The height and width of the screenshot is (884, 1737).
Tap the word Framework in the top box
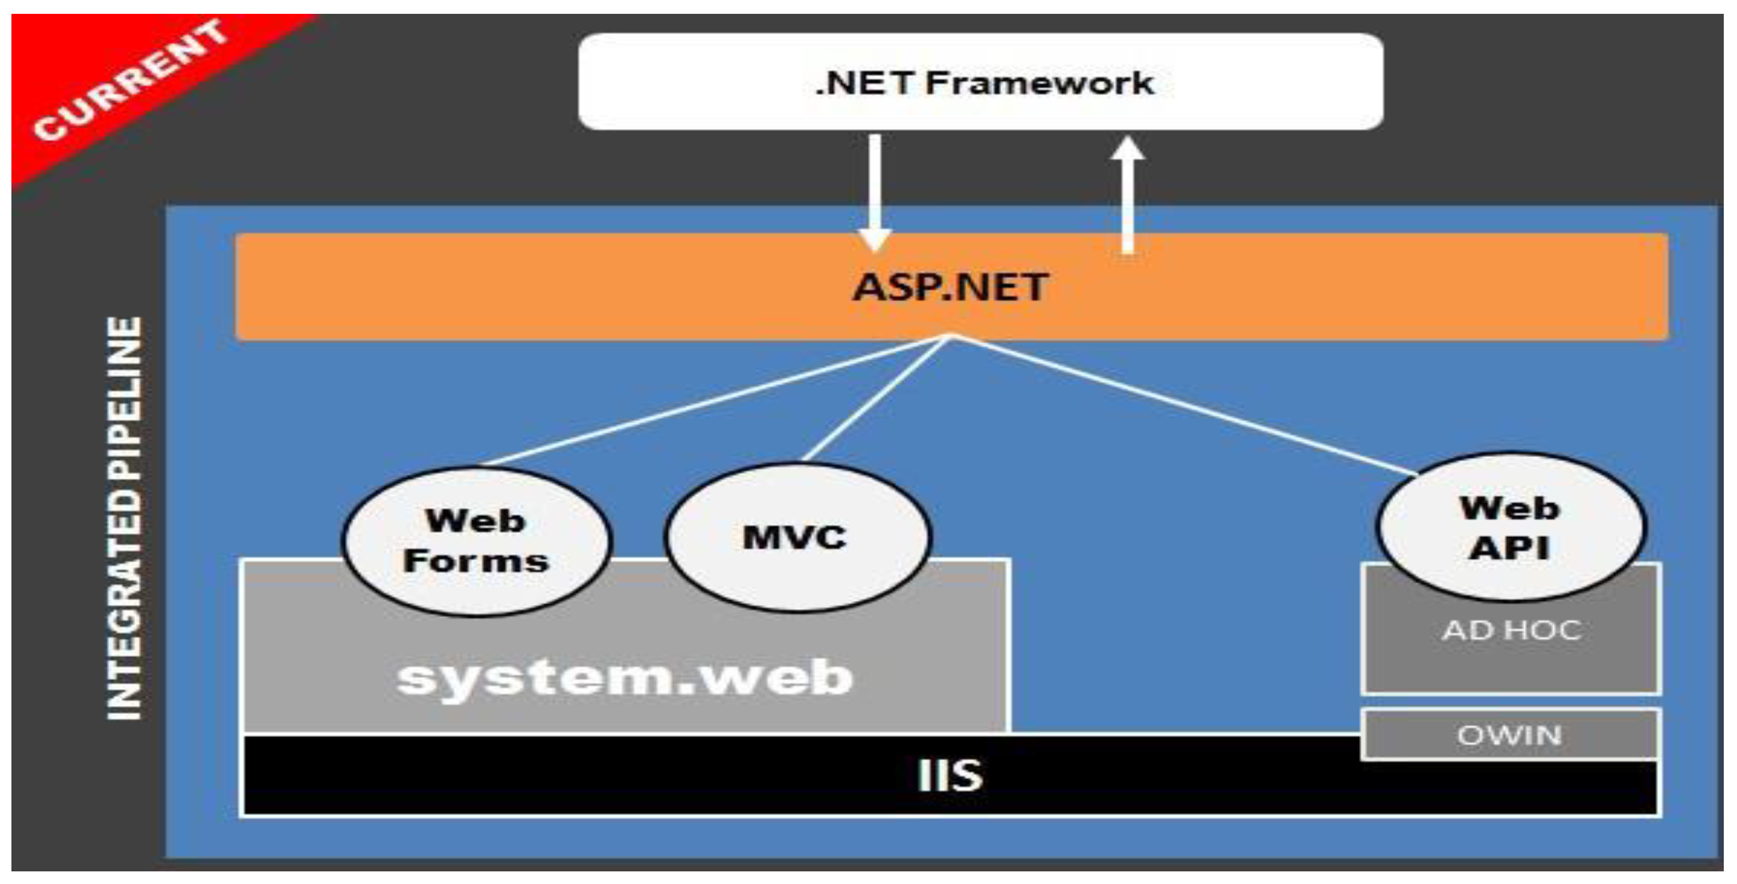click(1038, 83)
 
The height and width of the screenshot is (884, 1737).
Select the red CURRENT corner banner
click(128, 81)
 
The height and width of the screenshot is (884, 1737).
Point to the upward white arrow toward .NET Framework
click(1127, 195)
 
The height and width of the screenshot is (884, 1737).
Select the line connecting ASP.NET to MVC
click(877, 399)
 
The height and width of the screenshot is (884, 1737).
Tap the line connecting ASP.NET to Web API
click(1187, 405)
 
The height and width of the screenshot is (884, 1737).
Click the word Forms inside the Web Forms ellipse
click(476, 562)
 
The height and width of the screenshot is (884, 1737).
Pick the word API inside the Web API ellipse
click(1509, 548)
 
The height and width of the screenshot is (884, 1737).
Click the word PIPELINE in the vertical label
click(125, 398)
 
